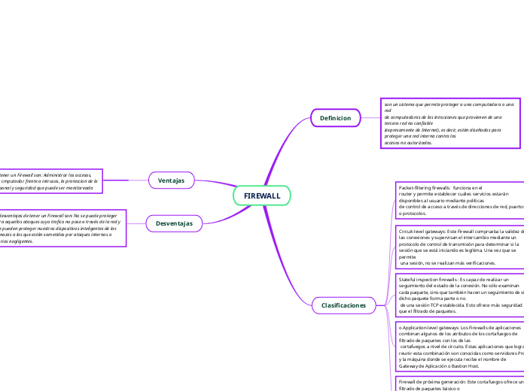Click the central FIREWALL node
(261, 195)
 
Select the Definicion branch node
(335, 118)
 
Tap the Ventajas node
(171, 180)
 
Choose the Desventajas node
(174, 223)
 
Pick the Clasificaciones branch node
(343, 305)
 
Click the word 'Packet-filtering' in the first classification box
(413, 187)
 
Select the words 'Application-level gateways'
(432, 328)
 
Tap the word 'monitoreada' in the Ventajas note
(99, 188)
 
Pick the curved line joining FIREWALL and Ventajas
(215, 185)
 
